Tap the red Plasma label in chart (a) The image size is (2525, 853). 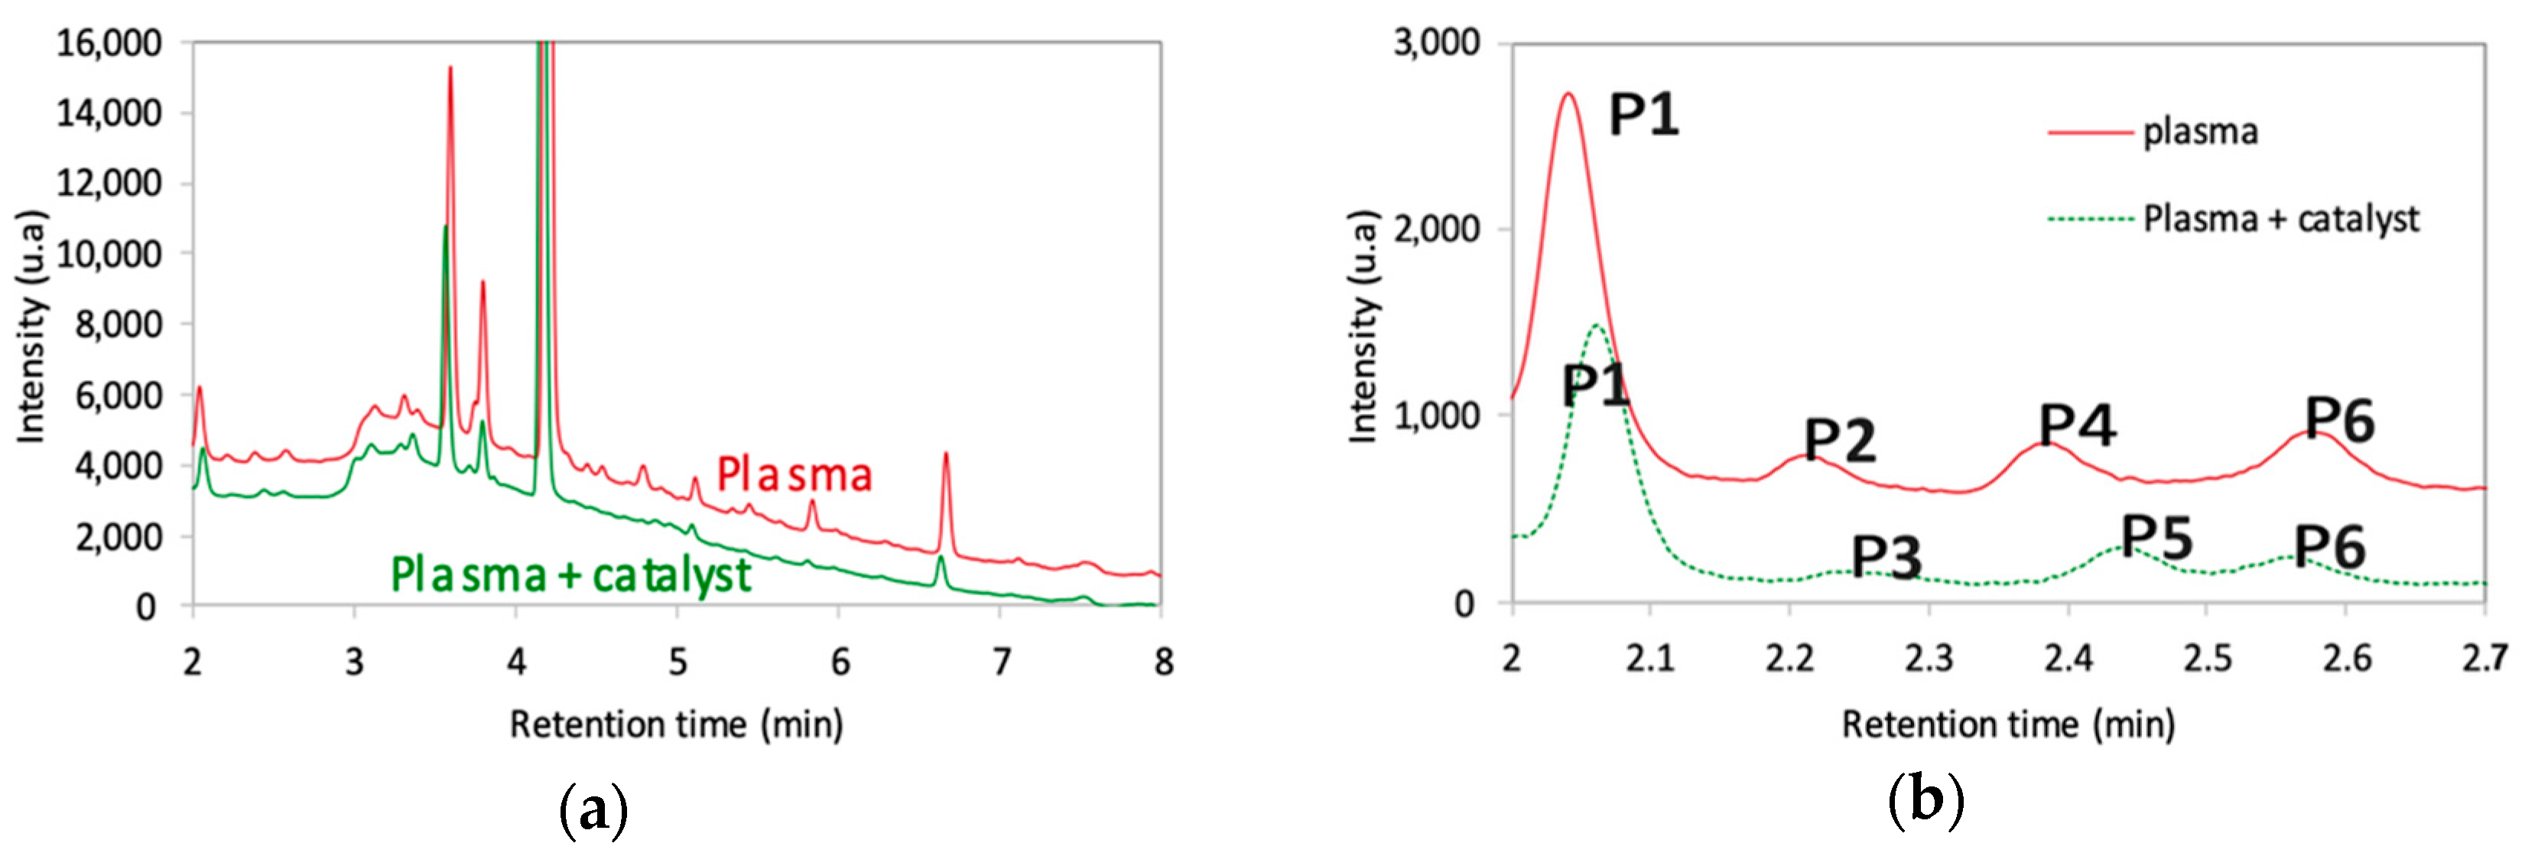tap(794, 474)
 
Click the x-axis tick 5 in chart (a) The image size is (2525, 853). tap(678, 663)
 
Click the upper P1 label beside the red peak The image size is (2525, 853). tap(1644, 116)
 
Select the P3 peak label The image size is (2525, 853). tap(1886, 558)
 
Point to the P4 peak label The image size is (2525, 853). tap(2077, 425)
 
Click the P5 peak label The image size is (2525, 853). tap(2156, 536)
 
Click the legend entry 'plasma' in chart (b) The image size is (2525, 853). tap(2199, 132)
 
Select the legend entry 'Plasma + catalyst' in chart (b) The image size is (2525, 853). tap(2281, 219)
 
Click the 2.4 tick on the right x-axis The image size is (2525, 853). tap(2068, 659)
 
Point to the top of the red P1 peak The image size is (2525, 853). tap(1568, 94)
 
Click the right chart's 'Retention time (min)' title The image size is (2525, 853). tap(2008, 724)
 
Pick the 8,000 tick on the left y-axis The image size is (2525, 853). tap(118, 324)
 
